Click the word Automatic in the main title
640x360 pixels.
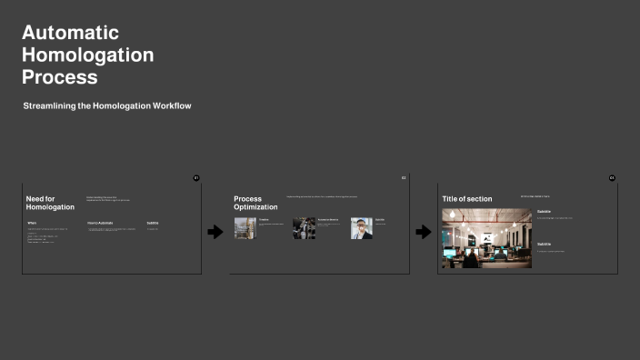pos(70,33)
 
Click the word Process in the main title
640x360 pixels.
pos(59,77)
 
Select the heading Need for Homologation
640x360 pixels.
pos(50,202)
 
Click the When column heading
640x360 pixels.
pos(32,222)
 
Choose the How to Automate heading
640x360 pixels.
pos(100,222)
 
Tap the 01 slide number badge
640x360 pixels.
pos(195,177)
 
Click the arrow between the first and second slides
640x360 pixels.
pos(215,232)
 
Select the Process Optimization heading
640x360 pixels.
pos(255,202)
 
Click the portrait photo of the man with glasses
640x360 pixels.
pos(362,228)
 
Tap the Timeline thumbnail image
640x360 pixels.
pos(245,228)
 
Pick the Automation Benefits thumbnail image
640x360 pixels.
pos(304,228)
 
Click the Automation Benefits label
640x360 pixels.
pos(328,219)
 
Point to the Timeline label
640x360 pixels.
pos(264,219)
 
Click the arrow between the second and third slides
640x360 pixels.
pos(423,232)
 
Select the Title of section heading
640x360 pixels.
pos(466,198)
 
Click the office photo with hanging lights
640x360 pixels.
pos(486,238)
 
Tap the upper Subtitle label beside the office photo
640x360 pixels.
pos(544,211)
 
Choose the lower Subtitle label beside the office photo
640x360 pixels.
pos(544,244)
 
